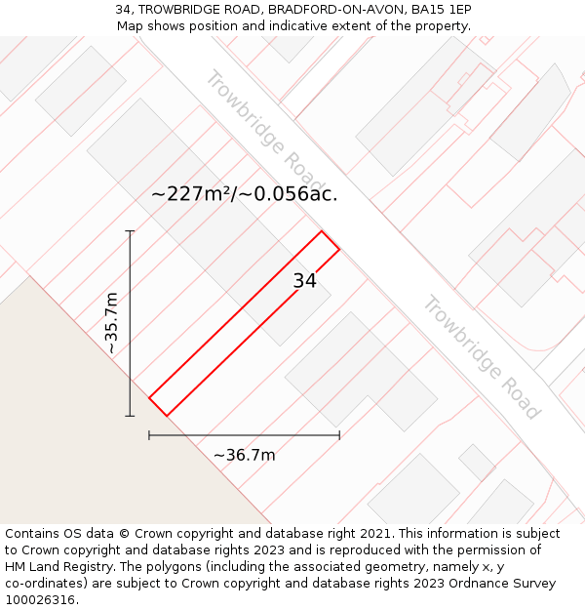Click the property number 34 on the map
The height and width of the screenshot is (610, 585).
pos(304,281)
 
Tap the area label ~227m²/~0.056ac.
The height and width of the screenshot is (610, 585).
pos(244,193)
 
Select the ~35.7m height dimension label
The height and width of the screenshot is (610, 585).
pos(111,322)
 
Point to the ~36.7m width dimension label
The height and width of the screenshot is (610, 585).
pos(244,455)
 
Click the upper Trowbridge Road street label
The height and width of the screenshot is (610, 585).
pos(264,131)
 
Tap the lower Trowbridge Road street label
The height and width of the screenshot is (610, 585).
pos(480,356)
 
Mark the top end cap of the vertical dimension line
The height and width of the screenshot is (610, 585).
pos(130,231)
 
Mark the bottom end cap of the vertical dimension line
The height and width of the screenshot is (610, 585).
pos(130,416)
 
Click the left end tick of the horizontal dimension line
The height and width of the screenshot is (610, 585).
pos(149,435)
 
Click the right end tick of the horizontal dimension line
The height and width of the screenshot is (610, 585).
pos(339,435)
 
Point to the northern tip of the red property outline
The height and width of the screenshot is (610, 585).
pos(321,231)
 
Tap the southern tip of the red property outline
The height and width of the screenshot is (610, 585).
pos(167,416)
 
